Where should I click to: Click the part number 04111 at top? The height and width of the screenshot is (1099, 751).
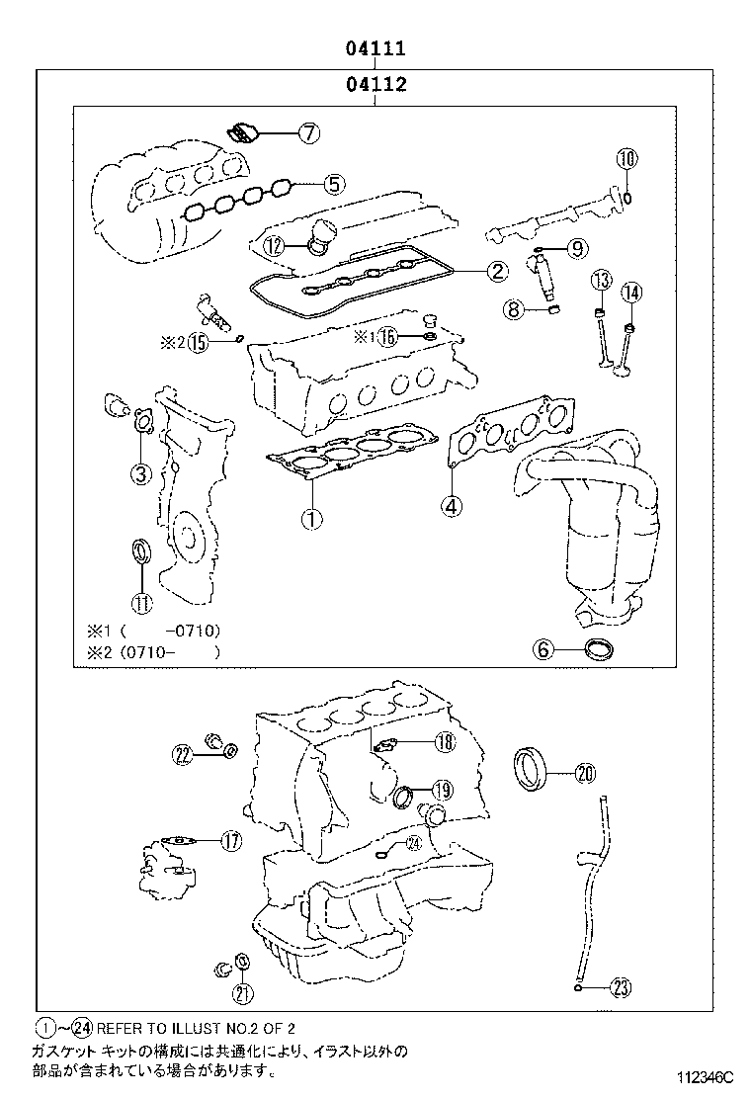click(x=375, y=48)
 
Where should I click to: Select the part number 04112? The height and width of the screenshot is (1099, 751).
click(x=375, y=85)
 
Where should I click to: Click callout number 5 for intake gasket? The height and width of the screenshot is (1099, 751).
click(x=334, y=182)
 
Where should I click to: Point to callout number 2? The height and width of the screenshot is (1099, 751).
click(x=497, y=270)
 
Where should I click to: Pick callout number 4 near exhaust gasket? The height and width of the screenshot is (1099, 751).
click(x=451, y=506)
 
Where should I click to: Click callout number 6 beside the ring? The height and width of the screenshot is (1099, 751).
click(x=542, y=649)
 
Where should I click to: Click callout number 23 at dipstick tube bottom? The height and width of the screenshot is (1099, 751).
click(x=620, y=986)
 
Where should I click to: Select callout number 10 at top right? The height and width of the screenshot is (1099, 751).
click(x=628, y=158)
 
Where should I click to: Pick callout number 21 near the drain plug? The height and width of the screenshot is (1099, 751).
click(x=243, y=993)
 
